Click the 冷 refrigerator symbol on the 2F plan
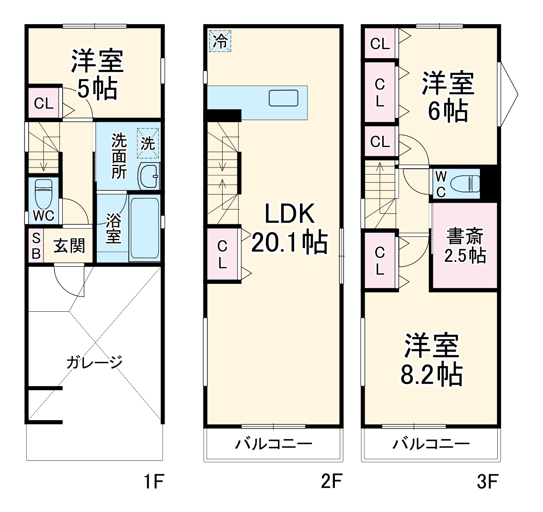click(x=220, y=41)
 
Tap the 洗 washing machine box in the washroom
click(x=148, y=143)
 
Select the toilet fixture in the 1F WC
click(x=43, y=193)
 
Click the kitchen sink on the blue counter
click(x=283, y=98)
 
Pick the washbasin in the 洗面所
click(x=149, y=176)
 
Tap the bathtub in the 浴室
click(x=144, y=229)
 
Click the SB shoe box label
click(x=36, y=246)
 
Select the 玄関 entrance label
click(x=69, y=246)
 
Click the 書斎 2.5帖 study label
click(x=465, y=246)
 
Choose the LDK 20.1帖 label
click(x=290, y=228)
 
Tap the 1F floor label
click(x=154, y=482)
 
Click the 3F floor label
click(x=487, y=482)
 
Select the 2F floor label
click(x=331, y=482)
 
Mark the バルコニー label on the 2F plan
click(x=274, y=444)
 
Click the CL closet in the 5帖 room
click(x=44, y=103)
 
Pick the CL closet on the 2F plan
click(x=222, y=254)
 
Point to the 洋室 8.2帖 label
click(x=431, y=360)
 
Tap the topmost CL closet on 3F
click(x=380, y=43)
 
